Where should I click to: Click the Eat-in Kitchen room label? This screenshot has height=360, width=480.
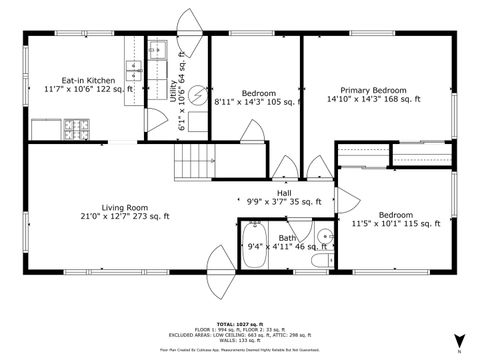(88, 79)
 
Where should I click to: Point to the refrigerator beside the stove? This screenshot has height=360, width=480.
(47, 129)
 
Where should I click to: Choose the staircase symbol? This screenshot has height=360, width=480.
(196, 159)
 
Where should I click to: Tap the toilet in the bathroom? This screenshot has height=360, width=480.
(320, 260)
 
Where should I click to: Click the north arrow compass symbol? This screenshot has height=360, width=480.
(458, 341)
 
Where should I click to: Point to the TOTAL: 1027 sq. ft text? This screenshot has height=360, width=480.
(239, 324)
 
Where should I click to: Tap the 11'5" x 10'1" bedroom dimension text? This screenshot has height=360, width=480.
(395, 224)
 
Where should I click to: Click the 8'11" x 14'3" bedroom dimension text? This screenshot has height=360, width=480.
(256, 102)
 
